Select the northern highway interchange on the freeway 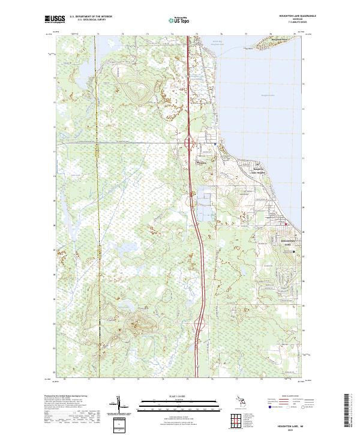tap(190, 143)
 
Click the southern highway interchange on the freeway tap(200, 325)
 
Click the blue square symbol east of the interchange tap(215, 144)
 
